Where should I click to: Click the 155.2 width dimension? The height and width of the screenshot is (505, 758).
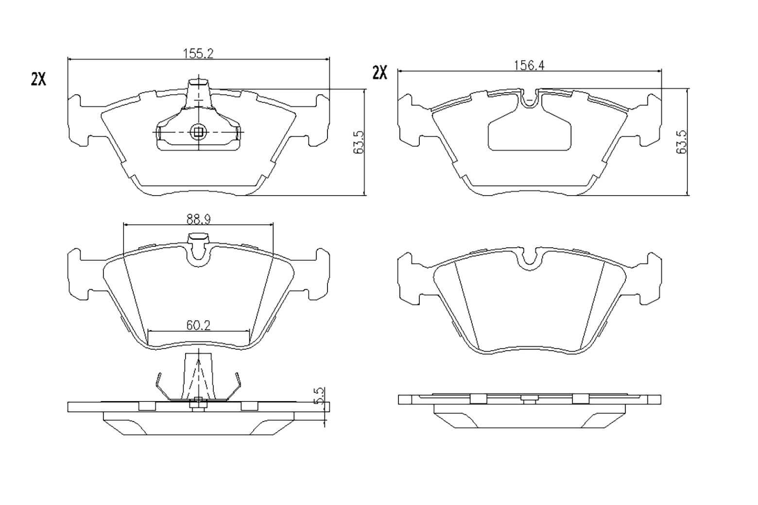(x=198, y=53)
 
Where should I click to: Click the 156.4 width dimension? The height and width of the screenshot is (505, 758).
(x=529, y=65)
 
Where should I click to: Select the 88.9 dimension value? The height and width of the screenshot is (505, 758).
(x=199, y=220)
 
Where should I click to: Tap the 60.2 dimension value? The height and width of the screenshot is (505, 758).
(x=198, y=325)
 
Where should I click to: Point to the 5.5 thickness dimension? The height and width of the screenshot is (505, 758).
(x=319, y=396)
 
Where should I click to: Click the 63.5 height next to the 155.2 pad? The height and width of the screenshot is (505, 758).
(x=359, y=142)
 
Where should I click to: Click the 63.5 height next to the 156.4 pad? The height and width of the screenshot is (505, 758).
(x=682, y=142)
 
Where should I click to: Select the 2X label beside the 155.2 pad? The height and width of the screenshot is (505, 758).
(x=38, y=80)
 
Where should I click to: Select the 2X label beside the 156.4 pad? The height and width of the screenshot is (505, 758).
(x=379, y=73)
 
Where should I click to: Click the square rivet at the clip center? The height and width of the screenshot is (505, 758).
(x=198, y=132)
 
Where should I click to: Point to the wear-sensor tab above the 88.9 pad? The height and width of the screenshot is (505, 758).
(x=198, y=238)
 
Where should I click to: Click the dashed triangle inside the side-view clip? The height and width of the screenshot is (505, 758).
(x=198, y=379)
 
